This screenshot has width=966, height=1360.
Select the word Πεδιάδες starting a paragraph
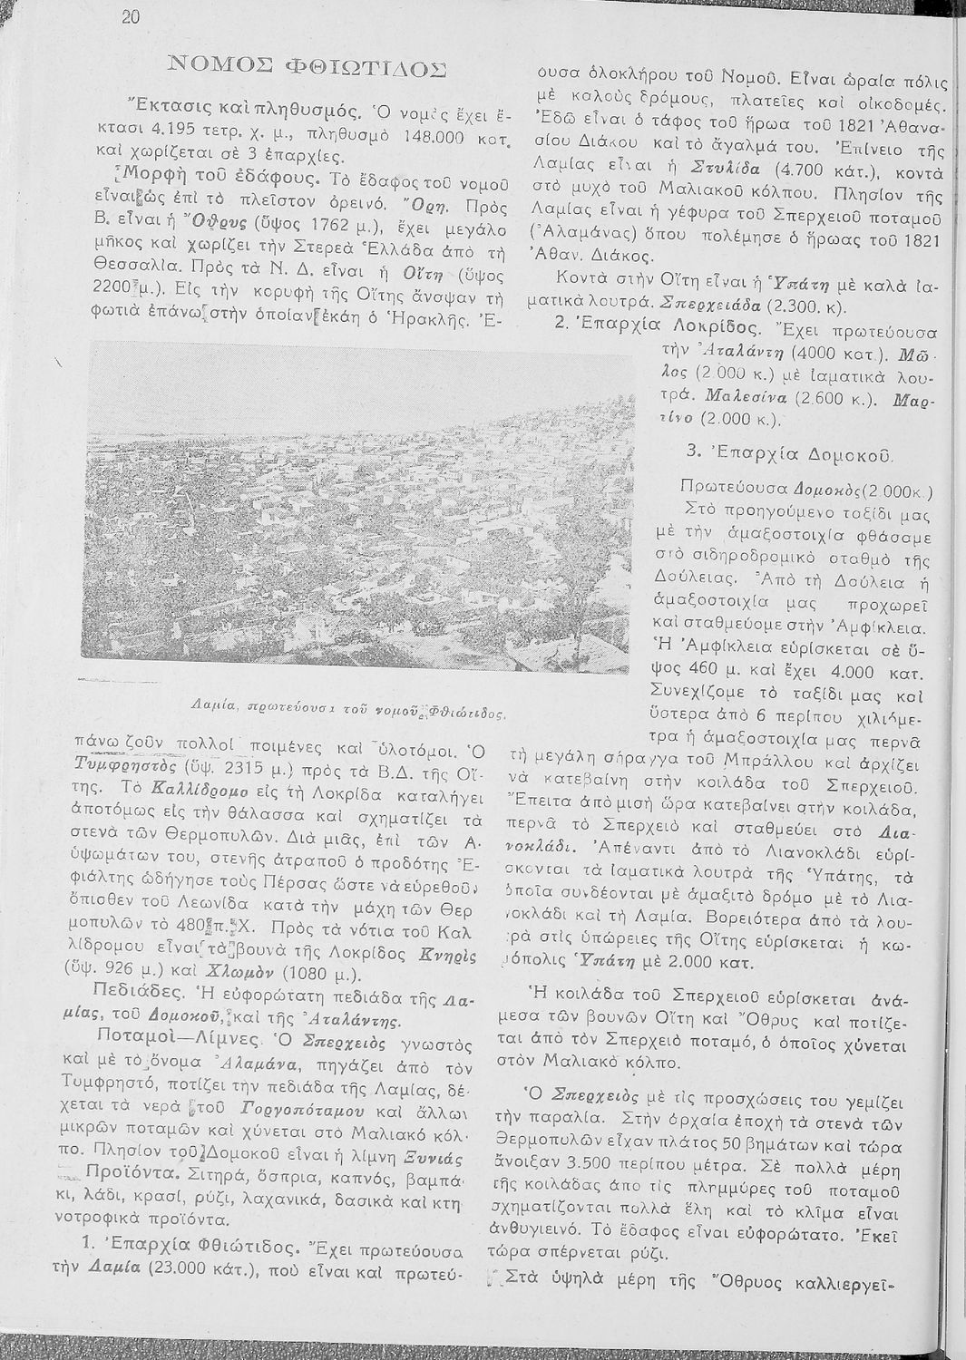click(130, 986)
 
